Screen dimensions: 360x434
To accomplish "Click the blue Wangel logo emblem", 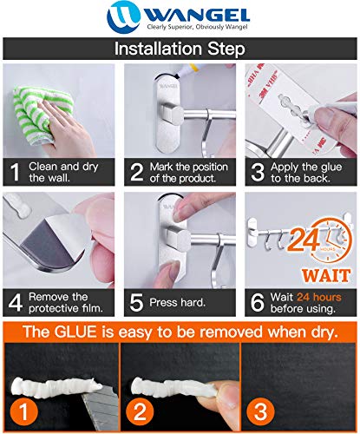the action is (x=123, y=16).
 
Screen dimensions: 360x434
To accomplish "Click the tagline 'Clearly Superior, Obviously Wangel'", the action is (x=198, y=27).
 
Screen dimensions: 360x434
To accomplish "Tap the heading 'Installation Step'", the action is (x=180, y=49).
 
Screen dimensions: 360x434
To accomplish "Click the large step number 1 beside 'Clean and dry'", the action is (x=15, y=173).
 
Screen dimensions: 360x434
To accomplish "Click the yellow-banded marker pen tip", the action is (x=181, y=73).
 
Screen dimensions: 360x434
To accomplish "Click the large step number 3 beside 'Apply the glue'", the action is (x=258, y=173).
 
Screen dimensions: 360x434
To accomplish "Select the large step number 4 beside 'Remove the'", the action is (x=16, y=303).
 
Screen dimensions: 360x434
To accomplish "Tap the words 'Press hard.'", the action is (x=177, y=303).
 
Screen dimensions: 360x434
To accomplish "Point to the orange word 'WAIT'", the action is (x=326, y=275).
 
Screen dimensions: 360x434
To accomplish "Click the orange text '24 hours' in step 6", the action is (x=319, y=297).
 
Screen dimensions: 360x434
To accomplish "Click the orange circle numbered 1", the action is (x=24, y=411).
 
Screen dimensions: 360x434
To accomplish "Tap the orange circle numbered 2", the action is (x=141, y=411).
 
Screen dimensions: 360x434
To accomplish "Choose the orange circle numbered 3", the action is (x=261, y=411).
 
